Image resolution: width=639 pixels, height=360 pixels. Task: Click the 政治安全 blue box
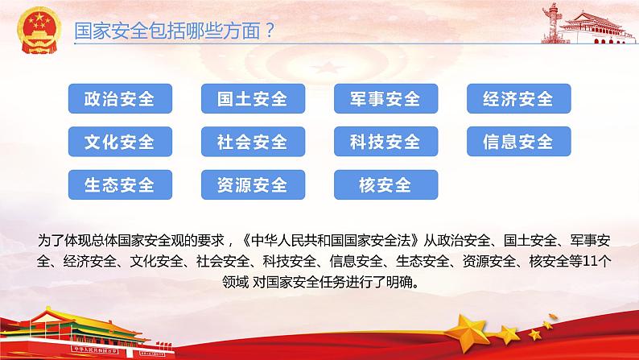point(120,99)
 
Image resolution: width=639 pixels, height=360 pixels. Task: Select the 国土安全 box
point(253,99)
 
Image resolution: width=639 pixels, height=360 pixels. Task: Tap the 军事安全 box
point(386,99)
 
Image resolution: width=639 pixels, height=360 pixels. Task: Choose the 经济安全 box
point(519,99)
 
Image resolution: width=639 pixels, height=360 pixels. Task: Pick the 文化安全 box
point(120,142)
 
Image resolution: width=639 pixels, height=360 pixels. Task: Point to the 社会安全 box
point(253,142)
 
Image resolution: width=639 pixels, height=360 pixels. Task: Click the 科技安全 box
point(386,142)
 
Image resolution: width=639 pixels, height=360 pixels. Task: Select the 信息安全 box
point(519,142)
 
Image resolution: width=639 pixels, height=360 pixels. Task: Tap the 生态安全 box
point(120,184)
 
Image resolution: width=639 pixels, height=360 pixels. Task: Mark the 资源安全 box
point(253,184)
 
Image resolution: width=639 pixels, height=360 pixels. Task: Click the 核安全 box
point(386,184)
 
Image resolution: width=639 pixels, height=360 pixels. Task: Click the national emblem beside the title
point(39,30)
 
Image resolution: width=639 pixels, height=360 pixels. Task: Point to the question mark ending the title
point(270,30)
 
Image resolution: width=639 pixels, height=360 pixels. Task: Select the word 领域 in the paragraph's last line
point(235,282)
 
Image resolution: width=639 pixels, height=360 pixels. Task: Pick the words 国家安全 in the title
point(111,31)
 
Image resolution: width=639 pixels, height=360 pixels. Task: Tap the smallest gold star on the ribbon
point(552,317)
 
